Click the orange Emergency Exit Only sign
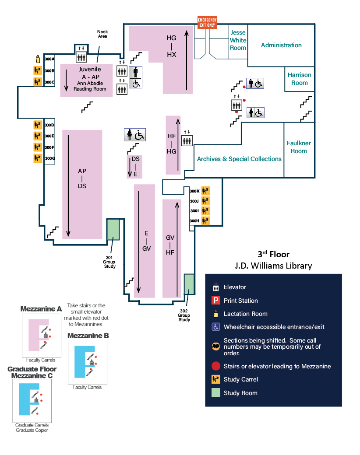click(207, 22)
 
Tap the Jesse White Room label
click(238, 40)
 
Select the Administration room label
click(281, 45)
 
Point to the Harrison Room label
click(300, 79)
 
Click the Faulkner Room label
click(299, 147)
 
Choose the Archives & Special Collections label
click(239, 159)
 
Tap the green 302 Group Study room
click(189, 285)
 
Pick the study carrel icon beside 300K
click(205, 191)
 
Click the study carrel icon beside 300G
click(38, 158)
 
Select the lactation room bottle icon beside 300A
click(38, 59)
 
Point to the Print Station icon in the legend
click(215, 301)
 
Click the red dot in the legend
click(215, 366)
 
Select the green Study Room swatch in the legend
click(215, 393)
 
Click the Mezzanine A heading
click(41, 309)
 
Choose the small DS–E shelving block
click(135, 166)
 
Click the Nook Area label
click(102, 34)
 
